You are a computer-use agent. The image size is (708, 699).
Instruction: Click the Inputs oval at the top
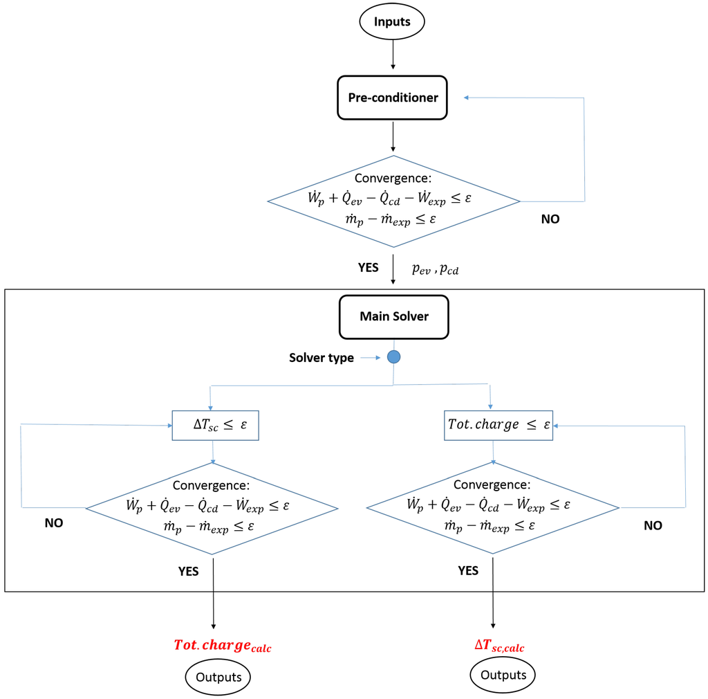click(x=392, y=21)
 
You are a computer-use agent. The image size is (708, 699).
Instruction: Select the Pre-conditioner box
click(x=393, y=98)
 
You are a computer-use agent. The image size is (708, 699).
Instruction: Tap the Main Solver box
click(x=393, y=316)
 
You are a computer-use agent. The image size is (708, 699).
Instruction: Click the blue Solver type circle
click(x=393, y=357)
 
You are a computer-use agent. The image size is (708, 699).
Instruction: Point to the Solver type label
click(x=321, y=358)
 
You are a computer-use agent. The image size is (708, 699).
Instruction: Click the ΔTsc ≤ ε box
click(x=214, y=425)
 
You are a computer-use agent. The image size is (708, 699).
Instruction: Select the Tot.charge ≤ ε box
click(x=497, y=425)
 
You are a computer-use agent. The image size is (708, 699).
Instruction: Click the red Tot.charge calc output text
click(x=222, y=646)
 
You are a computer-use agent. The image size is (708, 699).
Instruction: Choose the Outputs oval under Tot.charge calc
click(x=218, y=677)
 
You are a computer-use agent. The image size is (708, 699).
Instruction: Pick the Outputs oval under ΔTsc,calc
click(x=503, y=675)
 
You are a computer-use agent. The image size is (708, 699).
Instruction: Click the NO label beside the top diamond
click(x=550, y=219)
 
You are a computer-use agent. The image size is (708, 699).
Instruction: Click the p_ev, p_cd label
click(x=435, y=269)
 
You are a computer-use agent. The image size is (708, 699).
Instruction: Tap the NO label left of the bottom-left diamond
click(x=53, y=523)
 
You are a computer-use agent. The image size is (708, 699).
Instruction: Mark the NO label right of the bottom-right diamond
click(x=652, y=525)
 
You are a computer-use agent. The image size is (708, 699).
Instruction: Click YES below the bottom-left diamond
click(x=188, y=571)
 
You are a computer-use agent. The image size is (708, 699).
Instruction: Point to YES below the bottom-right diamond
click(x=468, y=571)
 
